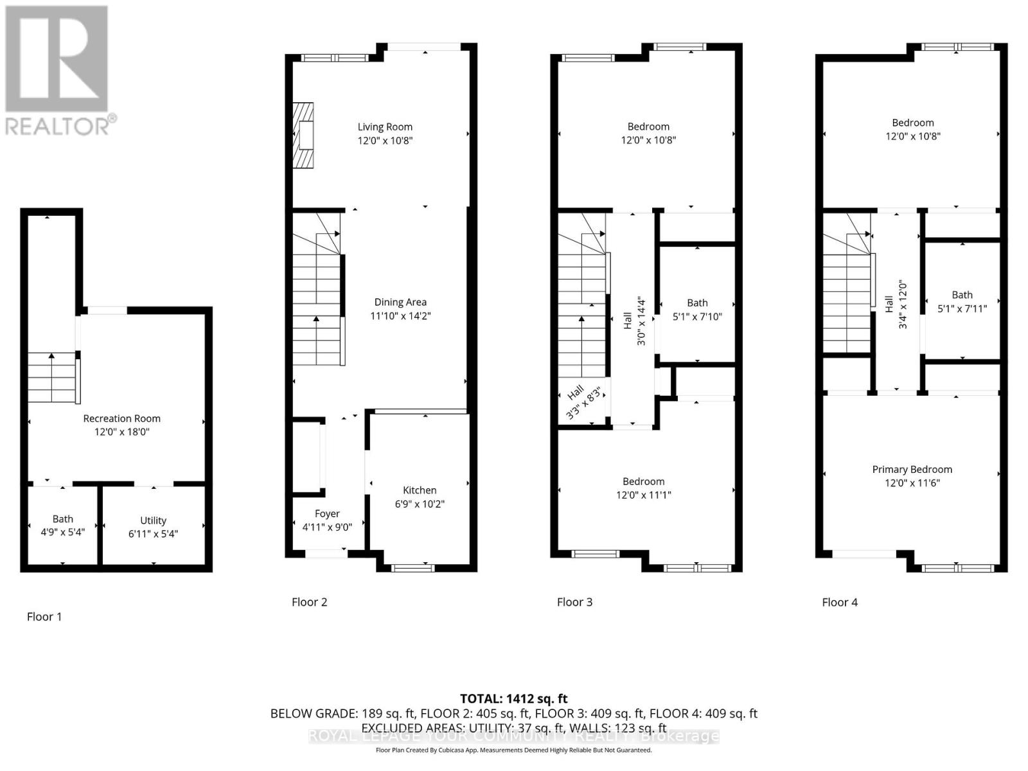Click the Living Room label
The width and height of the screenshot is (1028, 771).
click(x=385, y=127)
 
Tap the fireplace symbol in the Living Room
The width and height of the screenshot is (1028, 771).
click(x=303, y=136)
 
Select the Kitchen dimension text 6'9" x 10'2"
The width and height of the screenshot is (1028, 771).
click(x=420, y=504)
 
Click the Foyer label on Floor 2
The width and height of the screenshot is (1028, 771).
click(x=327, y=514)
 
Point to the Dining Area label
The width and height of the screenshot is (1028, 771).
click(x=400, y=302)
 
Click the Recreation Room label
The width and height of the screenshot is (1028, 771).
click(x=121, y=418)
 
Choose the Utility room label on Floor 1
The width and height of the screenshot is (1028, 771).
click(x=153, y=520)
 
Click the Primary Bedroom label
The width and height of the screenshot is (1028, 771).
click(x=912, y=470)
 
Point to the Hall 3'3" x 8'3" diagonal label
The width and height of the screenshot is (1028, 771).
click(x=583, y=402)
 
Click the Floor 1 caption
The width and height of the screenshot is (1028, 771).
click(x=44, y=617)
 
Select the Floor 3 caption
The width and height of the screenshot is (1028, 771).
click(x=574, y=602)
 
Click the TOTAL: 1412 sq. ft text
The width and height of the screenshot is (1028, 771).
click(x=513, y=698)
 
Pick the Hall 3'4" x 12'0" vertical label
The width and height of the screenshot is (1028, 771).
click(x=896, y=305)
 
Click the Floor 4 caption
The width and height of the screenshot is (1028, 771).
click(x=840, y=602)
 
